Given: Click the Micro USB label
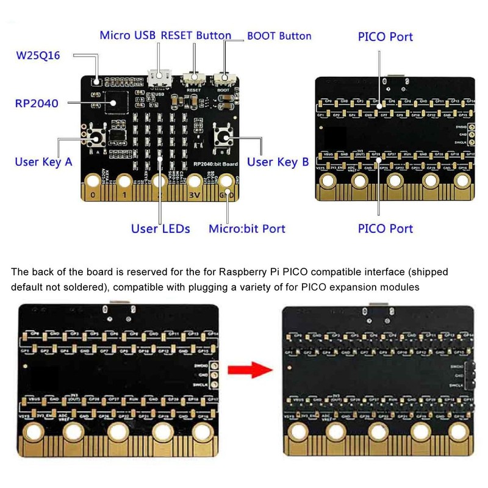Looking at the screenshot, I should (x=128, y=35).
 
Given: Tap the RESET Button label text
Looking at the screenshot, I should (x=196, y=35).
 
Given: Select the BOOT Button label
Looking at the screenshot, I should (x=279, y=35).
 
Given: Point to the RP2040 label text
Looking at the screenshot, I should (x=37, y=103).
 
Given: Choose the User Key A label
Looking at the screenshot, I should (x=43, y=162).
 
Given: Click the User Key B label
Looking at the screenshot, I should (x=277, y=162).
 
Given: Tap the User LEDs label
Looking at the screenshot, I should (x=160, y=229).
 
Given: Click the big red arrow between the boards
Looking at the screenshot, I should (x=248, y=369).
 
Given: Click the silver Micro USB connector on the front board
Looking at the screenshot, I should (x=159, y=79).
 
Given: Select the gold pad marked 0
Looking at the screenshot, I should (x=92, y=182).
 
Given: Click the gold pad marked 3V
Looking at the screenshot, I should (x=195, y=182).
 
